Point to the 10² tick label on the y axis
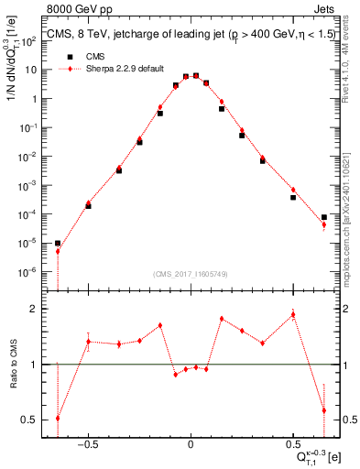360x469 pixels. coord(29,41)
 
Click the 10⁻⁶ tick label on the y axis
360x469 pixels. coord(29,272)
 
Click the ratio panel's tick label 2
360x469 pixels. coord(35,309)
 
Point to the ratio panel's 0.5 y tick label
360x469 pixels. coord(31,420)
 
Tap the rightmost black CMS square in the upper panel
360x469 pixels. coord(324,217)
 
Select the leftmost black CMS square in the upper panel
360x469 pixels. coord(58,244)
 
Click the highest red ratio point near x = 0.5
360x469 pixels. coord(293,314)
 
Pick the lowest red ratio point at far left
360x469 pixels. coord(58,418)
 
